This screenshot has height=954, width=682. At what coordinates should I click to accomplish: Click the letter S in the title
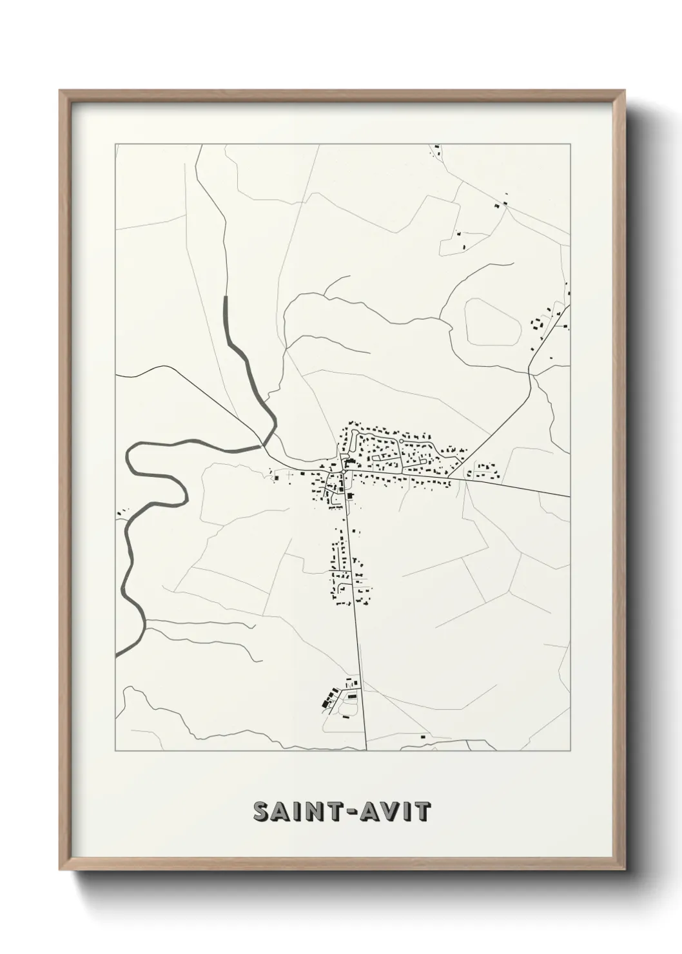262,812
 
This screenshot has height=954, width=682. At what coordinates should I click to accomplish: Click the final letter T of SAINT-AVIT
423,812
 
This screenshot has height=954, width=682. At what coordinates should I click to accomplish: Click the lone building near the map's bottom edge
424,735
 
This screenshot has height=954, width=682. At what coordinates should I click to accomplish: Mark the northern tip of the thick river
226,297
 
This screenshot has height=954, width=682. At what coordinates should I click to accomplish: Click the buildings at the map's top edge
436,151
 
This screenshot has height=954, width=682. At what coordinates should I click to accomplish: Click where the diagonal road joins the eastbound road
448,478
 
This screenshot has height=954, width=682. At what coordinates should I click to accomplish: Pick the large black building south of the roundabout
350,496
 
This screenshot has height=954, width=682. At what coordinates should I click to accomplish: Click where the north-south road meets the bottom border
365,750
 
